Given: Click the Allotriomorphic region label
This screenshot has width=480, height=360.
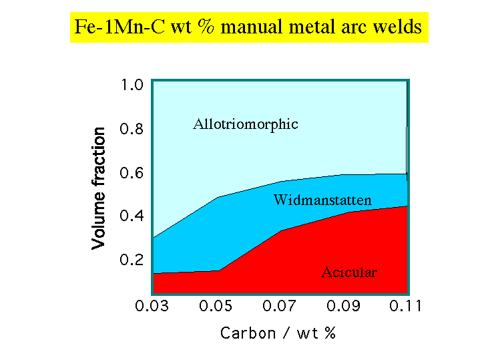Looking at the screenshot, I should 245,124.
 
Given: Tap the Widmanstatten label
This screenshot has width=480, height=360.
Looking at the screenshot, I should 322,200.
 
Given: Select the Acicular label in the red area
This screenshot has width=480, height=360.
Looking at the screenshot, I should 349,273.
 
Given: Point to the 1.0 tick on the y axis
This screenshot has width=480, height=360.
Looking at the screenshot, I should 132,85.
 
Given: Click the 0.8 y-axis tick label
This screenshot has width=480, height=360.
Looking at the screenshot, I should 132,129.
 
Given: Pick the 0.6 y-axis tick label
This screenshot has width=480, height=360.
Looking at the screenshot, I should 132,173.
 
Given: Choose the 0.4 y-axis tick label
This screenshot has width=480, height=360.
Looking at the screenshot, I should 132,216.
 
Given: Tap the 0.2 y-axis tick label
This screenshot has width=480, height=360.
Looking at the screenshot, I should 132,260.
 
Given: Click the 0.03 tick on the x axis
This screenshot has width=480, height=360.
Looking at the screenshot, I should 152,307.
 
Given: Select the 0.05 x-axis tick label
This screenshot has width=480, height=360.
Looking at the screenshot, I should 216,307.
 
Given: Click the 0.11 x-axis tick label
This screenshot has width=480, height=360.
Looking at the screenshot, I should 406,307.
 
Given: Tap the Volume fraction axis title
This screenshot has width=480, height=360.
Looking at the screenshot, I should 99,188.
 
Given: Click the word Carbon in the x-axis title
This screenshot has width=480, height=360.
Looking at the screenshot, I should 248,333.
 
